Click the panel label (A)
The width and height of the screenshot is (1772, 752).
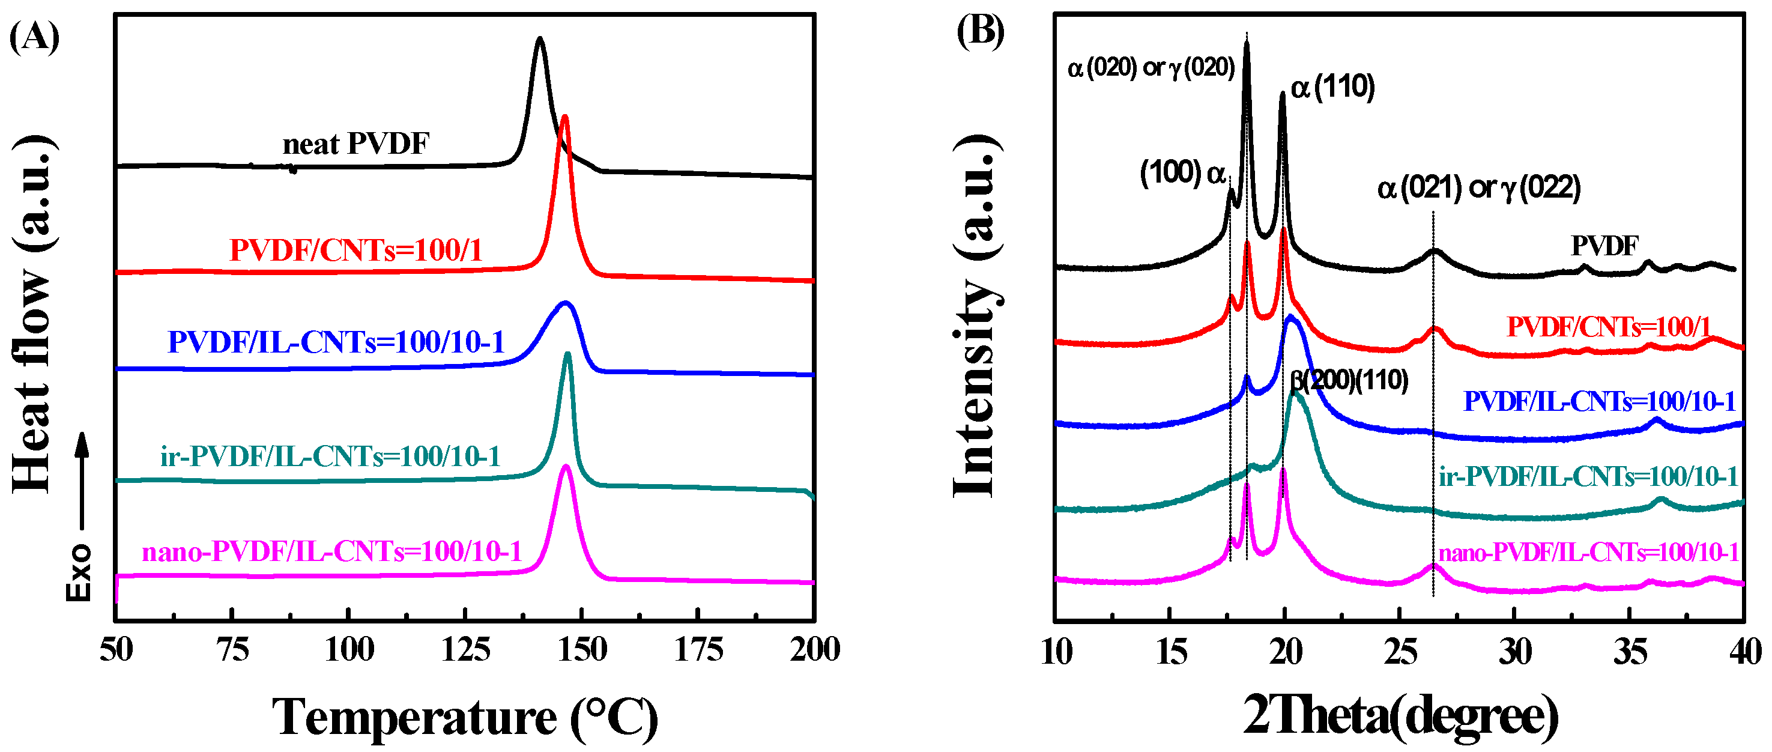pyautogui.click(x=34, y=37)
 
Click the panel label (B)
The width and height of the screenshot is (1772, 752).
pyautogui.click(x=980, y=32)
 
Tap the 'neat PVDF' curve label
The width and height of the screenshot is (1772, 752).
pyautogui.click(x=355, y=144)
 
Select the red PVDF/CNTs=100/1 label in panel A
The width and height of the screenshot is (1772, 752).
pyautogui.click(x=355, y=250)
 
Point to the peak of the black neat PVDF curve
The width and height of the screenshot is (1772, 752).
pyautogui.click(x=539, y=40)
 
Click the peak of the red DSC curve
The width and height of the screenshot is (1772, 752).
pyautogui.click(x=565, y=118)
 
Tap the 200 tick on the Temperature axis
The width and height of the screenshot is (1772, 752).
pyautogui.click(x=814, y=649)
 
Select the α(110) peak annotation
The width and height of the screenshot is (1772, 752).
pyautogui.click(x=1332, y=87)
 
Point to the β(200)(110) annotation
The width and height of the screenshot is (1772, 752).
pyautogui.click(x=1348, y=380)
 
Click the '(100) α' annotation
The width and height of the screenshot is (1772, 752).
pyautogui.click(x=1182, y=173)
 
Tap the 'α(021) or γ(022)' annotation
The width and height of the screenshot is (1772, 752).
pyautogui.click(x=1478, y=188)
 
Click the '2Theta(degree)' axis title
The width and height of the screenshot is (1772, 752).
pyautogui.click(x=1400, y=716)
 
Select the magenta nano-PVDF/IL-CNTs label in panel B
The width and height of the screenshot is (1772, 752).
pyautogui.click(x=1588, y=552)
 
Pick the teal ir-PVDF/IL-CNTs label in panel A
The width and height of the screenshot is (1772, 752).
pyautogui.click(x=330, y=456)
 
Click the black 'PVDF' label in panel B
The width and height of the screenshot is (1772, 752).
pyautogui.click(x=1604, y=246)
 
